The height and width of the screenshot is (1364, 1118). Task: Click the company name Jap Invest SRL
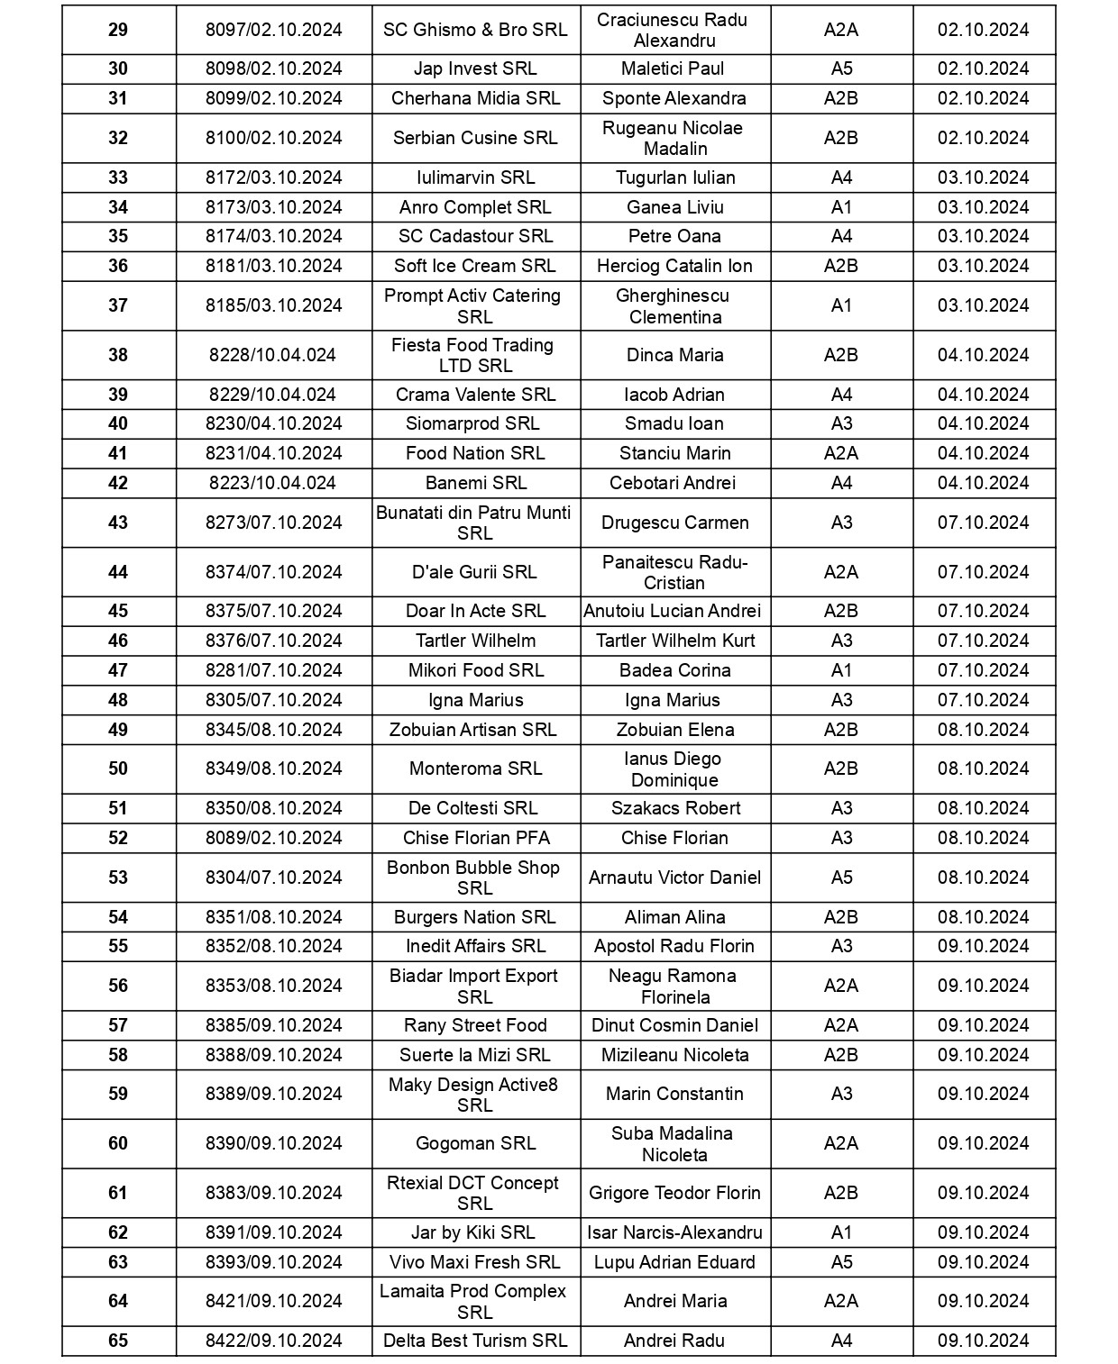tap(475, 69)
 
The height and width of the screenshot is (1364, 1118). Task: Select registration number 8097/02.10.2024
tap(274, 30)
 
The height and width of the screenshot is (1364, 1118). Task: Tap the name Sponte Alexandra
tap(674, 99)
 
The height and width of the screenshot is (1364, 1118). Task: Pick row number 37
tap(118, 306)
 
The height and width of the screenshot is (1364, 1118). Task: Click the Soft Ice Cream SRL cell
tap(475, 267)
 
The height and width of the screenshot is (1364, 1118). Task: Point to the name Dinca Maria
tap(674, 356)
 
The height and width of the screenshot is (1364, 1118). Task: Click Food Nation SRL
tap(475, 454)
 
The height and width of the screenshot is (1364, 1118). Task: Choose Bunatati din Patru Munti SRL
tap(474, 523)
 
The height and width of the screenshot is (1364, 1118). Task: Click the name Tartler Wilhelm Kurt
tap(675, 641)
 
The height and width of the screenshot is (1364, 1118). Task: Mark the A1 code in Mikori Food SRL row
tap(841, 671)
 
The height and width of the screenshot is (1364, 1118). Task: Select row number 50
tap(118, 769)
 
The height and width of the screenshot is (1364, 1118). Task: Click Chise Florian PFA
tap(476, 839)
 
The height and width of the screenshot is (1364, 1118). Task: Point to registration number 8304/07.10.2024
tap(274, 878)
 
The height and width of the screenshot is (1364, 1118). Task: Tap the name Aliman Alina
tap(674, 918)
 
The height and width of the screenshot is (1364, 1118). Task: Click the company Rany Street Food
tap(475, 1026)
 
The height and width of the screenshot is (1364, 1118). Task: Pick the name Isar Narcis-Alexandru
tap(674, 1233)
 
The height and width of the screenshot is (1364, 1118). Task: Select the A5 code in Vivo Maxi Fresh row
tap(841, 1263)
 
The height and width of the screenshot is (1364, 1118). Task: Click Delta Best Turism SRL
tap(475, 1341)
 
